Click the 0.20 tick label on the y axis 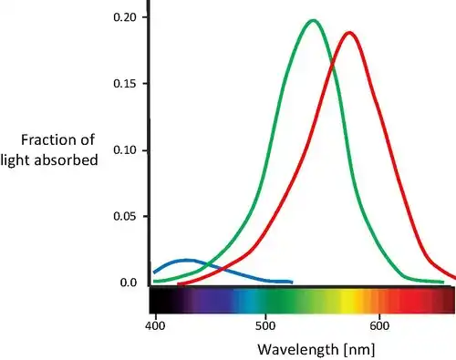click(x=124, y=17)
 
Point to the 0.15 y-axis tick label click(x=124, y=84)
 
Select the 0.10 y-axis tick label click(x=124, y=150)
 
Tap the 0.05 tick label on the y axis click(x=124, y=217)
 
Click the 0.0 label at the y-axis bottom click(x=127, y=283)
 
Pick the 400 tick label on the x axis click(x=155, y=324)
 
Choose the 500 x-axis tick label click(x=265, y=324)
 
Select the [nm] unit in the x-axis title click(x=354, y=348)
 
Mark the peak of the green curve click(x=313, y=20)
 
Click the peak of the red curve click(x=348, y=33)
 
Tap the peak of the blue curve click(x=187, y=261)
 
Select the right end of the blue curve click(x=291, y=282)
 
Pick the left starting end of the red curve click(x=179, y=283)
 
